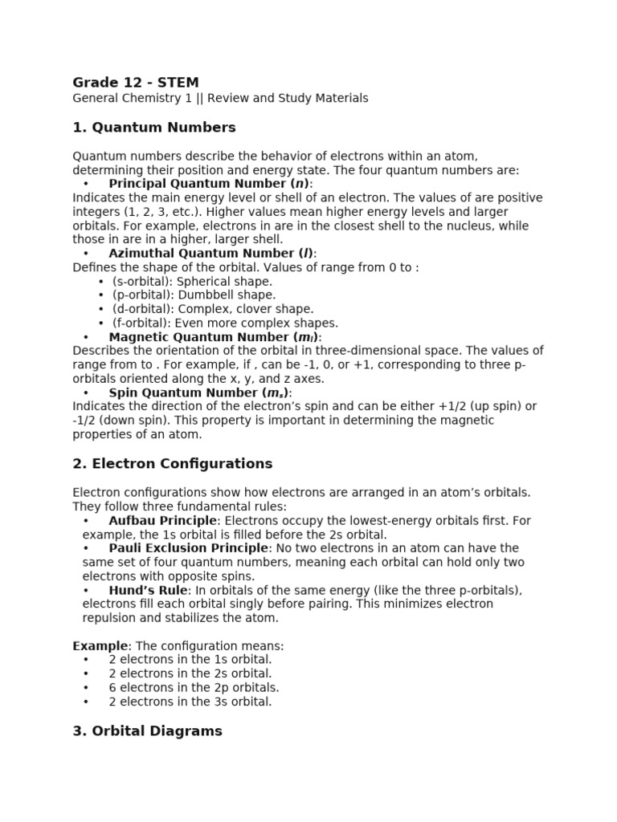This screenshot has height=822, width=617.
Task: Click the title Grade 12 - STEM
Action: coord(136,82)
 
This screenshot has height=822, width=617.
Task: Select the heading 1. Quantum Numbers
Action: coord(154,127)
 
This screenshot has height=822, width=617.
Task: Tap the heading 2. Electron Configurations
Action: coord(173,463)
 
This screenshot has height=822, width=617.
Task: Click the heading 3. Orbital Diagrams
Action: coord(147,730)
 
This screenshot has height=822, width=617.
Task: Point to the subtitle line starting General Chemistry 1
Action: coord(220,98)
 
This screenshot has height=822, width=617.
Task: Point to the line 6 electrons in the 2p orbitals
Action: coord(194,687)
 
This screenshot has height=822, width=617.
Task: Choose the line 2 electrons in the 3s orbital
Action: coord(190,702)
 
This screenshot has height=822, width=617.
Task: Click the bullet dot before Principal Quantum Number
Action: coord(86,184)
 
